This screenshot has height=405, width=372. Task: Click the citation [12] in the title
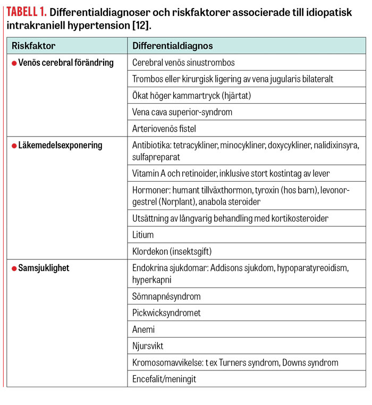150,26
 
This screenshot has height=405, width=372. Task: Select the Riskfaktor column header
33,46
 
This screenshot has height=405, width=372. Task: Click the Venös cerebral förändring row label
66,63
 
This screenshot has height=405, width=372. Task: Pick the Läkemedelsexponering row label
60,145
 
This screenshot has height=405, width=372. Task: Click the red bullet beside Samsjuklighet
14,269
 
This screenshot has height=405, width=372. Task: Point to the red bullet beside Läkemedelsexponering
14,146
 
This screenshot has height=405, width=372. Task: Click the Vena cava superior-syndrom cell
182,112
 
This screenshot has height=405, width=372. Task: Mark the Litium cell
143,235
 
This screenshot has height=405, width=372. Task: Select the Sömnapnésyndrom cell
166,297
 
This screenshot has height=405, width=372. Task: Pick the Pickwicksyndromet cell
166,313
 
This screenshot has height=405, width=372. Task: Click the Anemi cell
143,330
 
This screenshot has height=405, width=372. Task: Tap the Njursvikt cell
148,346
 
